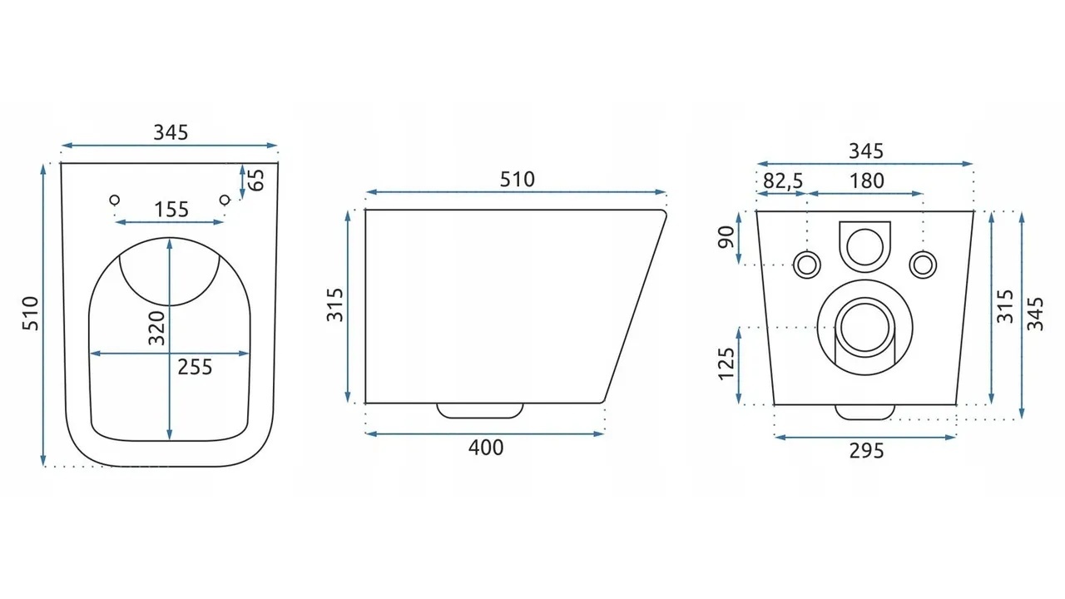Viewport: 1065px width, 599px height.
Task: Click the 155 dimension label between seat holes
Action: [x=171, y=209]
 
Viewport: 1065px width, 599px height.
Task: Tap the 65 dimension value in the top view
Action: [x=257, y=180]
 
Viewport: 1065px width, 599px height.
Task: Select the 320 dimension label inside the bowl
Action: [x=156, y=328]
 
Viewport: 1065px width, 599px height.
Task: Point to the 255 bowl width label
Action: [x=195, y=367]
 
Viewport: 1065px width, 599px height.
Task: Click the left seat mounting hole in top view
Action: [x=115, y=200]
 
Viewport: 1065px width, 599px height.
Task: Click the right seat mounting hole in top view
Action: [x=225, y=200]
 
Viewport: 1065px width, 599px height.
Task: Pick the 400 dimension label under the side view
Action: [x=486, y=448]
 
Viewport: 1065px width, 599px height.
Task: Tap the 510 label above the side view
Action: [x=518, y=179]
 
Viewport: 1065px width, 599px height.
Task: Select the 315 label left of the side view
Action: [x=334, y=305]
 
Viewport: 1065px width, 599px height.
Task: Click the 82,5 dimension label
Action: [x=783, y=181]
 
